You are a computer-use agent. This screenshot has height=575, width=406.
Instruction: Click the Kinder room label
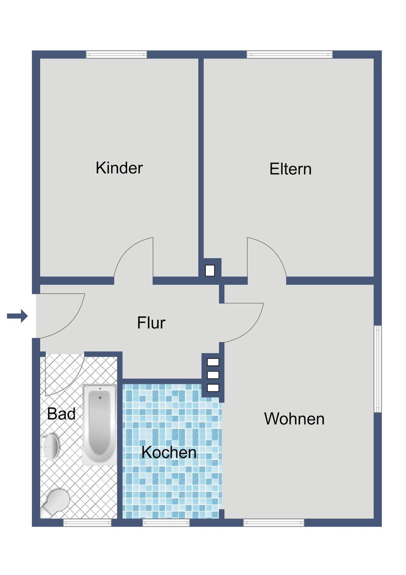coord(119,168)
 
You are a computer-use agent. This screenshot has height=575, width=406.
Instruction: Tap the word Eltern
coord(290,169)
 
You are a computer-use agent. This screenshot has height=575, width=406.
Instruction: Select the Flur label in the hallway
coord(151,323)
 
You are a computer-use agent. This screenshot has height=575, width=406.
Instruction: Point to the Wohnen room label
coord(294,419)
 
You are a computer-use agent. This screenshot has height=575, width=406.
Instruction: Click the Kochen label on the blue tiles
coord(169,452)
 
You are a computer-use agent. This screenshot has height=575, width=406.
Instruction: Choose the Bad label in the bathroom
coord(61,414)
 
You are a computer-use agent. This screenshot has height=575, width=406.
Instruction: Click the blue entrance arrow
coord(17,316)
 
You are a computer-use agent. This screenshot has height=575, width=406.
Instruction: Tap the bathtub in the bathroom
coord(99,424)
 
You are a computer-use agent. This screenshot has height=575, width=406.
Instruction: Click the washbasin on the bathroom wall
coord(50,446)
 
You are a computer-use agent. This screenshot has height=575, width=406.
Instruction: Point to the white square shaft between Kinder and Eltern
coord(210,271)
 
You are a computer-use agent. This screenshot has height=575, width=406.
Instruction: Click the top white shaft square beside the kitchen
coord(213,362)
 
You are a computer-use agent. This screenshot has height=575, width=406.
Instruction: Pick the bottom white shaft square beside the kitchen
coord(213,388)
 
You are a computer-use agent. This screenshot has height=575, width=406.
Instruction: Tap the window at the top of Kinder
coord(117,54)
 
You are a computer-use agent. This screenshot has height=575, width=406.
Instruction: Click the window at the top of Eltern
coord(289,54)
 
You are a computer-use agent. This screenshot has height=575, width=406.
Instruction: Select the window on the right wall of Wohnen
coord(378,369)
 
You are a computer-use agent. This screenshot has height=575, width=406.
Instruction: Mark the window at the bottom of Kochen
coord(166,523)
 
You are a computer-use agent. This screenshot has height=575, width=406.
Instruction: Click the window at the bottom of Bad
coord(87,523)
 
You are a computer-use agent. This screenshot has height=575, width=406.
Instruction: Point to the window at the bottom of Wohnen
coord(274,523)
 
